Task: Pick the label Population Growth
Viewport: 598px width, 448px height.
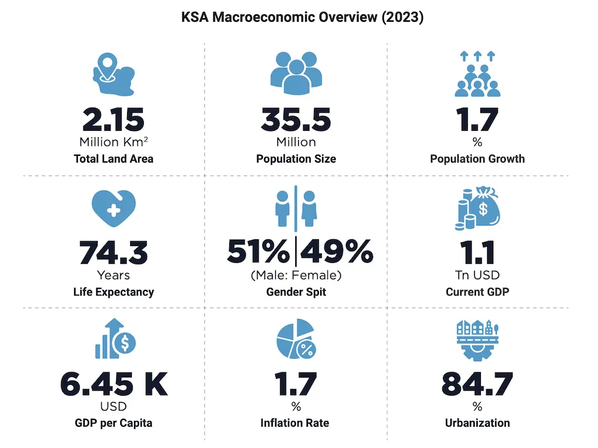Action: pos(477,159)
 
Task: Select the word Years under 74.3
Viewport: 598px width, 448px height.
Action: pos(113,275)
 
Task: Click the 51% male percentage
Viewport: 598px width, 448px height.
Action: pos(257,252)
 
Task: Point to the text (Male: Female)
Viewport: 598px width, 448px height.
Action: pos(296,275)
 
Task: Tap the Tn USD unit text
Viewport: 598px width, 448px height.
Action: pos(478,275)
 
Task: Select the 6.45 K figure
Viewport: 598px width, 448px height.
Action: pos(113,384)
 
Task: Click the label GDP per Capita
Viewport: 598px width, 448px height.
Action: pos(113,423)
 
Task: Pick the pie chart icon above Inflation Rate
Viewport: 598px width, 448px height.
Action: pos(295,340)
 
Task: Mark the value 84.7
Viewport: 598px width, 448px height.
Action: pos(478,384)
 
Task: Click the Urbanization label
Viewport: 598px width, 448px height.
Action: pos(478,423)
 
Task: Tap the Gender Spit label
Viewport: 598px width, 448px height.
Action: pos(296,292)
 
